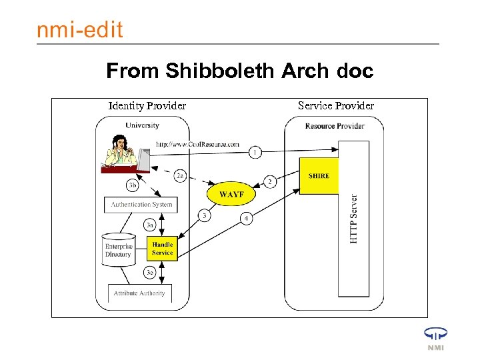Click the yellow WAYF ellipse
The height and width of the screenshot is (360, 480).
231,194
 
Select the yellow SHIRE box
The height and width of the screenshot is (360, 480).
319,177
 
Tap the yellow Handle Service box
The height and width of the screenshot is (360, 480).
162,248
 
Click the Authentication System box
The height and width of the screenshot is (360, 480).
141,205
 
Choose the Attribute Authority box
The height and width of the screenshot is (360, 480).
139,293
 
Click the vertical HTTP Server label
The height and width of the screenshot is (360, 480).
353,219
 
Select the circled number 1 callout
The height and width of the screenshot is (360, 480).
255,153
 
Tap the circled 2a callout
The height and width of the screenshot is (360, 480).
180,176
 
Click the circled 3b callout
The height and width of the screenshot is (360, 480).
133,185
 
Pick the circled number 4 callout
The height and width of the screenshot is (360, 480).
246,218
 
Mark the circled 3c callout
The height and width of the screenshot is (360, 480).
151,272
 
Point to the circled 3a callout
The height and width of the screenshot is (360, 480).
151,225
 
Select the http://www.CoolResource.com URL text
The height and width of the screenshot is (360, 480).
197,144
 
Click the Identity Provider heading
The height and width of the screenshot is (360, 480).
147,105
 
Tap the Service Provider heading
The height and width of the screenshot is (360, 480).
335,105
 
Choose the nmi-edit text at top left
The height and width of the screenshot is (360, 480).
79,30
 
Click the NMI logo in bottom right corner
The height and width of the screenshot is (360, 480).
435,338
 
